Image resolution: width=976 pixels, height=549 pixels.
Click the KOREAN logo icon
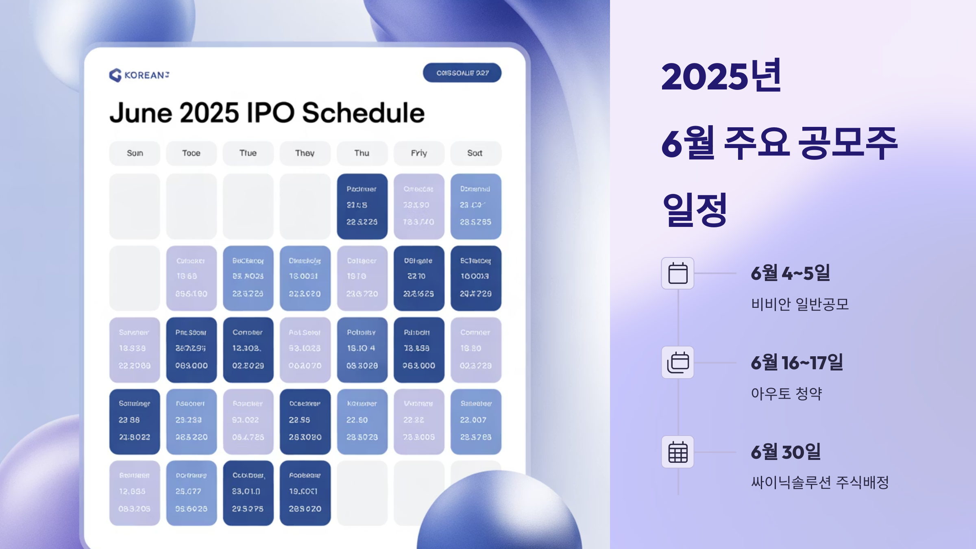115,75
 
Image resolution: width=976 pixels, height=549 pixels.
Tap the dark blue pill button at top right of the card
462,73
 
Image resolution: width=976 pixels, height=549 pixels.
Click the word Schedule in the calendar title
363,113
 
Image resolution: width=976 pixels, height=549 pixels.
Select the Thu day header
362,153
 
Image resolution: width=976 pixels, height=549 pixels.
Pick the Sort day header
475,153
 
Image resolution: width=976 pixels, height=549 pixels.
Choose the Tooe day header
191,153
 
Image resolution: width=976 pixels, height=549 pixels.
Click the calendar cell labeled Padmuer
362,206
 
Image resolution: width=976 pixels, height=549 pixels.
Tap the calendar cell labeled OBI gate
418,278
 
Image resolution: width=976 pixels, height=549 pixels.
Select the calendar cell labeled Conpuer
248,350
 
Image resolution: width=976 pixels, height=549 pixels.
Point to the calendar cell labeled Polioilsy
362,350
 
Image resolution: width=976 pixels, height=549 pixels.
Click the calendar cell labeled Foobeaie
305,492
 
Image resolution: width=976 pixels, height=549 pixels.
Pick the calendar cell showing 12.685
135,492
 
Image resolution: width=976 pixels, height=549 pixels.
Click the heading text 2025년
721,76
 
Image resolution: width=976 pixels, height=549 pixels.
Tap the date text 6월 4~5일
790,273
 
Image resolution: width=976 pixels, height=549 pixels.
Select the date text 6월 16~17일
797,362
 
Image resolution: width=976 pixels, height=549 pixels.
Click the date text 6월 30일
786,452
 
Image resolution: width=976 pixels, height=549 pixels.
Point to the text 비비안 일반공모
800,304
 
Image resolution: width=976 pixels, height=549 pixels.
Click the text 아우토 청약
786,393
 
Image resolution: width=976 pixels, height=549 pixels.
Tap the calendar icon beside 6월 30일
678,452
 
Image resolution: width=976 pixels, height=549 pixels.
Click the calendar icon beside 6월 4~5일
678,273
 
